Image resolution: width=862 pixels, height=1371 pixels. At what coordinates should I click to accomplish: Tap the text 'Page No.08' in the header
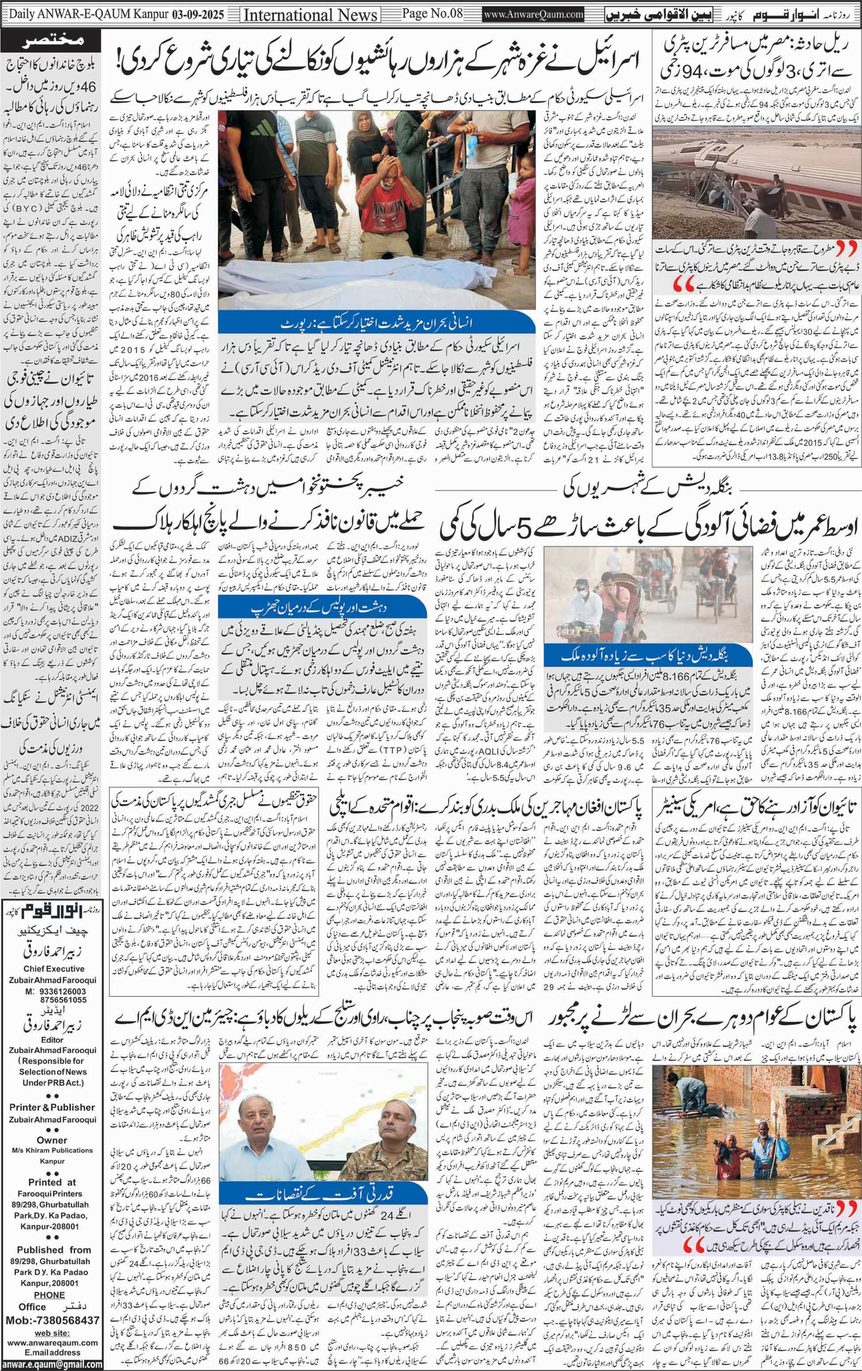(431, 14)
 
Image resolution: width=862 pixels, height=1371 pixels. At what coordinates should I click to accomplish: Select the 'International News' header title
(310, 15)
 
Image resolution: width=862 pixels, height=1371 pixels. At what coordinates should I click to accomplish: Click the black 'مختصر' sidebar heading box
(52, 40)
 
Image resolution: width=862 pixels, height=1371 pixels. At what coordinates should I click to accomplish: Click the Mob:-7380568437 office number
(52, 1320)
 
